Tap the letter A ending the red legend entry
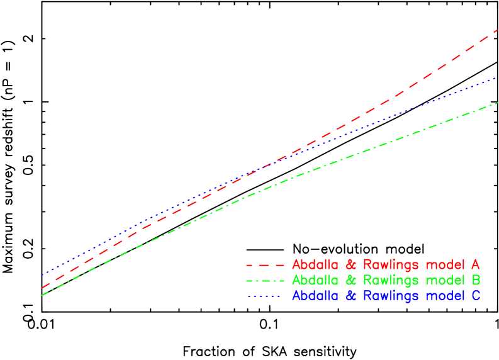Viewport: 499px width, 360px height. [x=475, y=264]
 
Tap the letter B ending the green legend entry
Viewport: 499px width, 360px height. [x=476, y=280]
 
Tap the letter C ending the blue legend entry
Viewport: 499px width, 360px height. [x=476, y=295]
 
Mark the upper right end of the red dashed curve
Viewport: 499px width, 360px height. [x=497, y=30]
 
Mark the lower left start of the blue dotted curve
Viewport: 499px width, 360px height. [x=42, y=275]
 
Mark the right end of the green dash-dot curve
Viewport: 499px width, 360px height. [x=497, y=103]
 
